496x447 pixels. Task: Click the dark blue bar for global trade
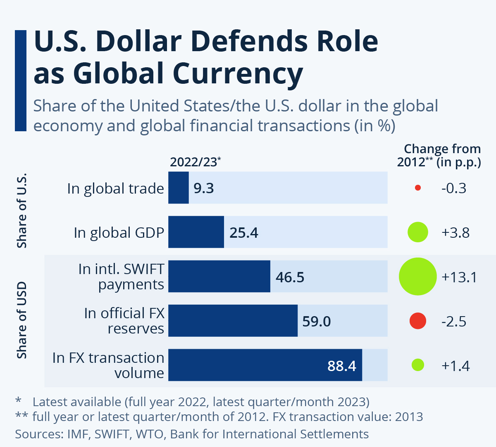(179, 188)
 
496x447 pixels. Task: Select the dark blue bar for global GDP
(196, 232)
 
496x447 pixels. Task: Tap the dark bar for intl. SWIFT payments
(219, 276)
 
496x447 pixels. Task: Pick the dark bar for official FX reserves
(233, 321)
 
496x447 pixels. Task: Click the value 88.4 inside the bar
(341, 366)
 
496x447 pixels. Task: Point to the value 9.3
(204, 188)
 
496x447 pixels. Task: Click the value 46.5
(290, 277)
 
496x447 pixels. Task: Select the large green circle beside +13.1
(417, 277)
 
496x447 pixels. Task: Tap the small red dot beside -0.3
(417, 188)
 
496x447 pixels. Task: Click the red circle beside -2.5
(417, 321)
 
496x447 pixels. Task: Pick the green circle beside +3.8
(417, 232)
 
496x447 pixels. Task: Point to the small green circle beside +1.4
(418, 365)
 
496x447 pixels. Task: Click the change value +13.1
(459, 277)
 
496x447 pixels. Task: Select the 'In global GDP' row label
(119, 233)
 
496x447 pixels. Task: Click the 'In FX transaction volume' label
(108, 365)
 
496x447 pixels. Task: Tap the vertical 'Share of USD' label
(21, 320)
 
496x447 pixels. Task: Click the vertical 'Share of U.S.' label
(21, 210)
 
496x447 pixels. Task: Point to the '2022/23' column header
(193, 162)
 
